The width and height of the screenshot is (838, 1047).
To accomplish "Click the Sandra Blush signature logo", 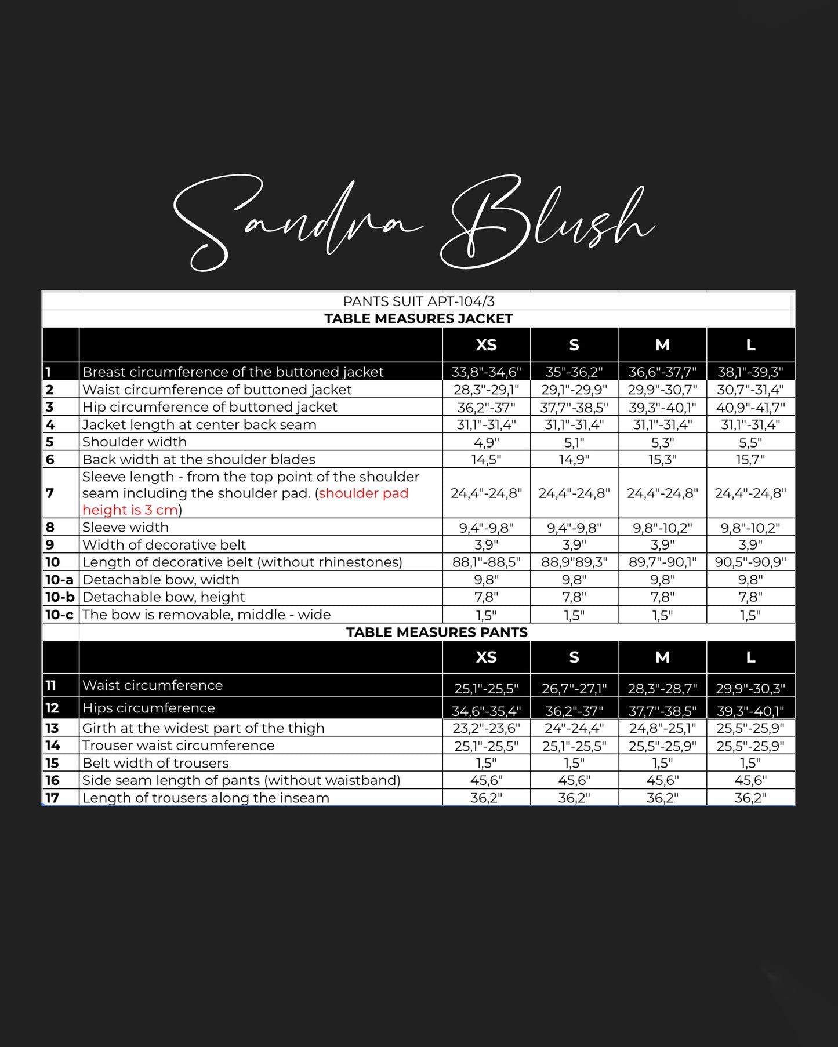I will (415, 223).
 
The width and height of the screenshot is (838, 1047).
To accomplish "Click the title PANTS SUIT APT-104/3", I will (418, 301).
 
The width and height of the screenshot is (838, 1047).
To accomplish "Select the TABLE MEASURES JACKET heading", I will (418, 318).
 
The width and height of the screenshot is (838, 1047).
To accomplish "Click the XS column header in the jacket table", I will (486, 345).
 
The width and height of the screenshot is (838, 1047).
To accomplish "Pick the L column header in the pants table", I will (750, 657).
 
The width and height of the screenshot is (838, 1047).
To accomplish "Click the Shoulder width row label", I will (135, 442).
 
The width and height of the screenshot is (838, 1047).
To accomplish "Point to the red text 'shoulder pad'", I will (364, 493).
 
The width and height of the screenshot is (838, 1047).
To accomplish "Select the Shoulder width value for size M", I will (662, 442).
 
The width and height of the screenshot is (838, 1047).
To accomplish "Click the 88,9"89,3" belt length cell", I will (574, 562).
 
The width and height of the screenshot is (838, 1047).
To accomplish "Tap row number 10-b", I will (60, 597).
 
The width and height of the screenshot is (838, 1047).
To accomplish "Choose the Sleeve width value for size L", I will (750, 528).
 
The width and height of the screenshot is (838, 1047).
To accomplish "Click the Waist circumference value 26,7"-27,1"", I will (574, 688).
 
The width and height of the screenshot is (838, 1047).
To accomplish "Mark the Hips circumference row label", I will (148, 708).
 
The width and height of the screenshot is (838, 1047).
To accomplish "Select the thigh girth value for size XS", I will (486, 728).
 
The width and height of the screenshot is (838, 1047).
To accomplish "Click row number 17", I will (52, 798).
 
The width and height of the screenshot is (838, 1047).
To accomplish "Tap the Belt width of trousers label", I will (155, 763).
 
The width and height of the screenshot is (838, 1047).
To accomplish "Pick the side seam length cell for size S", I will (574, 780).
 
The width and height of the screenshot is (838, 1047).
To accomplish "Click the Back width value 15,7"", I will (750, 460).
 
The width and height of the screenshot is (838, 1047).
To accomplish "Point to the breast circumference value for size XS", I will (486, 372).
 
